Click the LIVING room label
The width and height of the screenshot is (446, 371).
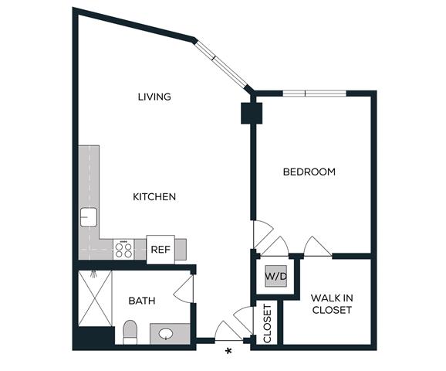154,97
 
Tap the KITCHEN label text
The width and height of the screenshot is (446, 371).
154,196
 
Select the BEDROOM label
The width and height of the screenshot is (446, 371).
309,172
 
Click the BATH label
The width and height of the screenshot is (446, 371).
142,301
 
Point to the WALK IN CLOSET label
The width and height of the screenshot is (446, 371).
332,304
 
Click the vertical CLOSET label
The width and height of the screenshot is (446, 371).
268,323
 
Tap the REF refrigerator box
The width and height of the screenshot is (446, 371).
160,250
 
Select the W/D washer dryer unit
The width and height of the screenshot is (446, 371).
276,276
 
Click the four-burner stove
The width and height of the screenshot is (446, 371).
123,250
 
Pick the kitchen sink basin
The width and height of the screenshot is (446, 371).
89,217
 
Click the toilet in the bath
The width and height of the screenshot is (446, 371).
130,332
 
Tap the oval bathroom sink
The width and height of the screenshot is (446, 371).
166,333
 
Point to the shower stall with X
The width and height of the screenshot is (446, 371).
95,298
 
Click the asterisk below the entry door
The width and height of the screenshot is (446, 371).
228,352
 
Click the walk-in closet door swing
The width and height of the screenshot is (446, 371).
317,246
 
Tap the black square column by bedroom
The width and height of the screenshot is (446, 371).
252,113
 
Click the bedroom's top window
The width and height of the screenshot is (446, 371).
315,94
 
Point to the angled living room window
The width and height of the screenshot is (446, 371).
221,64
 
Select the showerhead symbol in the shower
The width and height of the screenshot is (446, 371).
93,274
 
